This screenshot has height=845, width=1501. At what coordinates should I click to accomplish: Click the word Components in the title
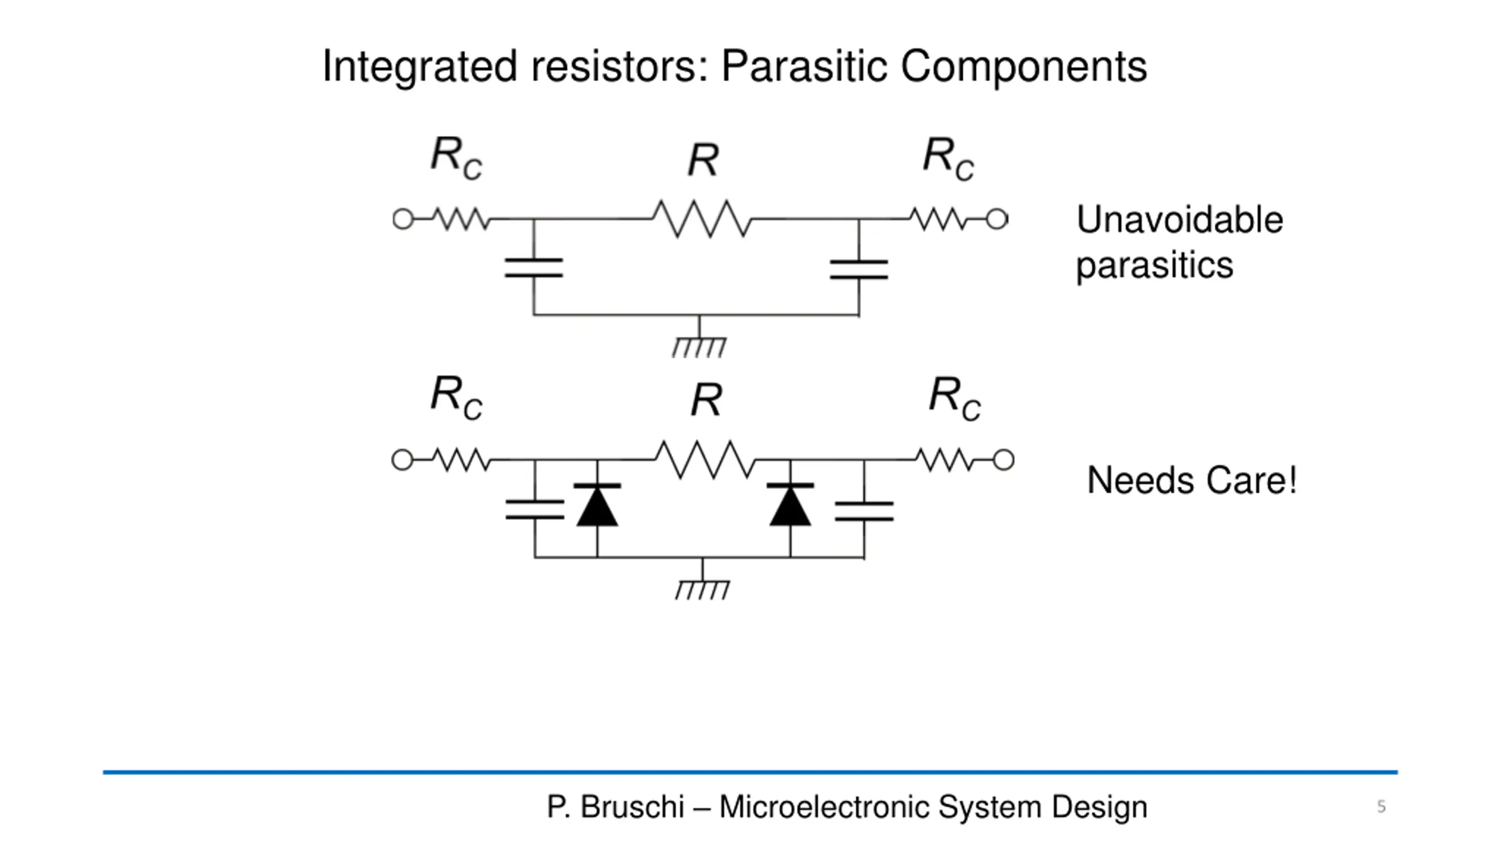(x=1024, y=66)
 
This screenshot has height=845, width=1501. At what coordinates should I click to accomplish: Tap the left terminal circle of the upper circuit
(x=403, y=219)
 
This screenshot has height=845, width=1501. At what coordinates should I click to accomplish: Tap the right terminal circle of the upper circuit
(x=997, y=219)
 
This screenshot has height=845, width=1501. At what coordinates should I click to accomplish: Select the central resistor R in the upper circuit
(x=702, y=219)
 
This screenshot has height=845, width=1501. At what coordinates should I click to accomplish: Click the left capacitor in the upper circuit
(x=534, y=268)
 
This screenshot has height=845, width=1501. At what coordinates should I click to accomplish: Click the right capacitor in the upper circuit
(x=859, y=269)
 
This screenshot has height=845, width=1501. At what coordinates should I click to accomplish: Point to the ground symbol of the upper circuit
(x=699, y=346)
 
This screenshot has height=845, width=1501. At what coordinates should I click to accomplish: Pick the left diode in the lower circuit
(x=597, y=506)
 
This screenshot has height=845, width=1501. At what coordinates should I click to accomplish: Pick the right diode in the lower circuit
(x=790, y=506)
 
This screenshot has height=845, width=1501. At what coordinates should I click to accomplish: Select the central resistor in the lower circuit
(x=705, y=459)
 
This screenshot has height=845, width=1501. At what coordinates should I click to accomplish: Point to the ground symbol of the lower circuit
(x=702, y=589)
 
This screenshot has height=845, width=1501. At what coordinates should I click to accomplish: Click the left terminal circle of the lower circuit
(x=402, y=459)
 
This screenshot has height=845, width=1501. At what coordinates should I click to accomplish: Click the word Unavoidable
(x=1180, y=220)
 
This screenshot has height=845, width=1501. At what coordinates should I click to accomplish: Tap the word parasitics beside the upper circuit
(x=1154, y=265)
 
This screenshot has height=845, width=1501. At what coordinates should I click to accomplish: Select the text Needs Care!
(x=1191, y=481)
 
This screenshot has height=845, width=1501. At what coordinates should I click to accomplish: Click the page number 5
(x=1381, y=806)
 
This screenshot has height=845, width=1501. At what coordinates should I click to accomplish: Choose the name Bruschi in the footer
(x=632, y=807)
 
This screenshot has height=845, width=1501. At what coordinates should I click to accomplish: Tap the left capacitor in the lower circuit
(x=535, y=510)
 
